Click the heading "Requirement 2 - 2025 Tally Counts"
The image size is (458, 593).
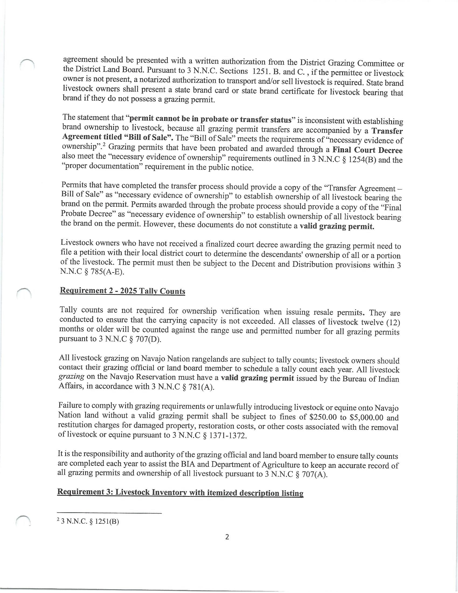click(122, 291)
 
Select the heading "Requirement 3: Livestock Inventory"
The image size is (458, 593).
click(180, 493)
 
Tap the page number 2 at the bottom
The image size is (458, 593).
click(227, 537)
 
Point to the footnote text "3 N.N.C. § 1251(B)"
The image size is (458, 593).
click(89, 522)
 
